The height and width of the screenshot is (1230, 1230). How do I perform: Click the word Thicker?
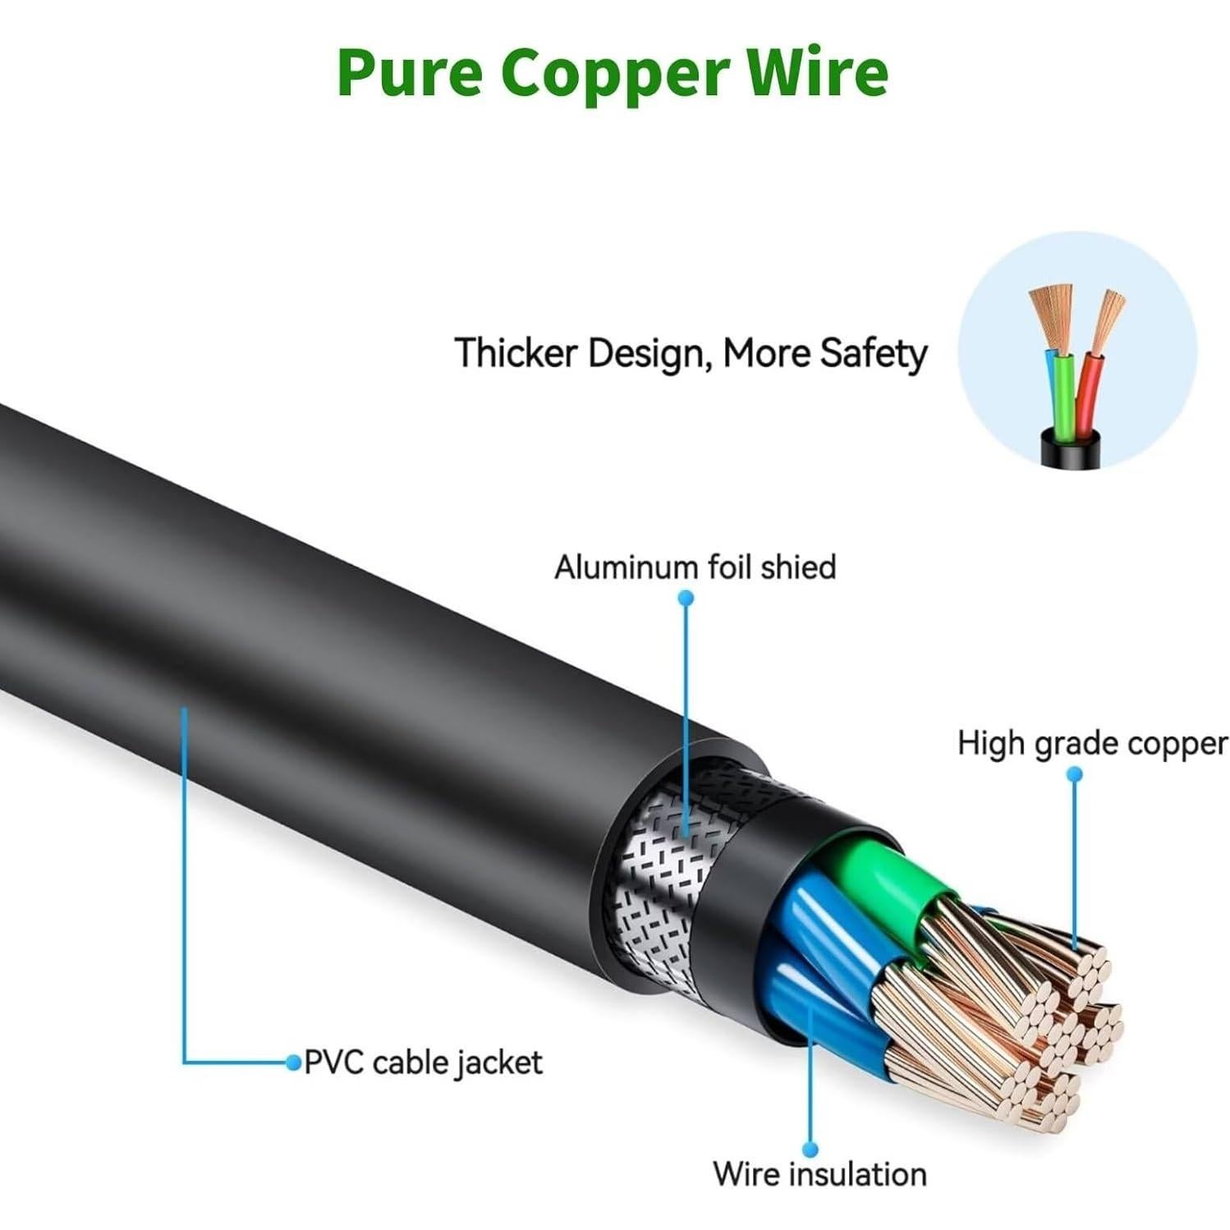516,353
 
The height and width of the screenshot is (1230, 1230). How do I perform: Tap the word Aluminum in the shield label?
626,567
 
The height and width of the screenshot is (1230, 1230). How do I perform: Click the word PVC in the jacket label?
333,1062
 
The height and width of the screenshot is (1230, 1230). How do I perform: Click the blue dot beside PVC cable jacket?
293,1062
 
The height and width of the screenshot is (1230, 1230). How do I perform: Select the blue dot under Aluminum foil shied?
686,598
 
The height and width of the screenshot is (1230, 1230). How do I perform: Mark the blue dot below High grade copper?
1074,773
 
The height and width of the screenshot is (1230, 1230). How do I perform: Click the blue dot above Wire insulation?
810,1149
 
